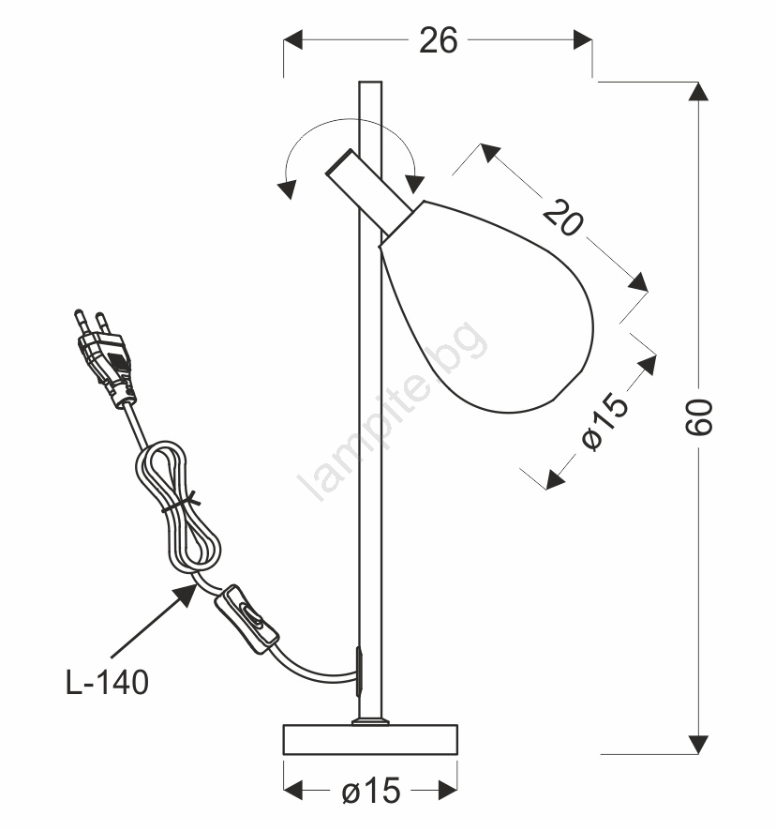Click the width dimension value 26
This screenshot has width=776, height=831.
pos(438,40)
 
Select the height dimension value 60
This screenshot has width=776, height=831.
pos(698,417)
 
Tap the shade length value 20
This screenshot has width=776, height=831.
pos(562,217)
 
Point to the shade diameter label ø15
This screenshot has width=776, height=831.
pos(605,421)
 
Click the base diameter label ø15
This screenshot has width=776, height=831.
pos(371,792)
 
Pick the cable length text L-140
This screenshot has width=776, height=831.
pos(107,682)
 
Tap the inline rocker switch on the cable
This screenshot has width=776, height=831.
pos(246,619)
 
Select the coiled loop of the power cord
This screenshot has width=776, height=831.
pos(178,508)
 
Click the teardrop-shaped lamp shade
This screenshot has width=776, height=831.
pos(487,307)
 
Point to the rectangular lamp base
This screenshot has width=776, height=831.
pos(370,739)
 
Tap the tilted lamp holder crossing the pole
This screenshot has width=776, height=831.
pos(370,192)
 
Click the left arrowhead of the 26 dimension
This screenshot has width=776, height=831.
pos(293,39)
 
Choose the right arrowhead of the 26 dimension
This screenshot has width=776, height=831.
pos(583,39)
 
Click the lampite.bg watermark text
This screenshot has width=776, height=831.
pos(391,411)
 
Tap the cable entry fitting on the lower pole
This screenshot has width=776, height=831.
pos(359,672)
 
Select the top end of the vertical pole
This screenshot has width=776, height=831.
pos(370,83)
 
